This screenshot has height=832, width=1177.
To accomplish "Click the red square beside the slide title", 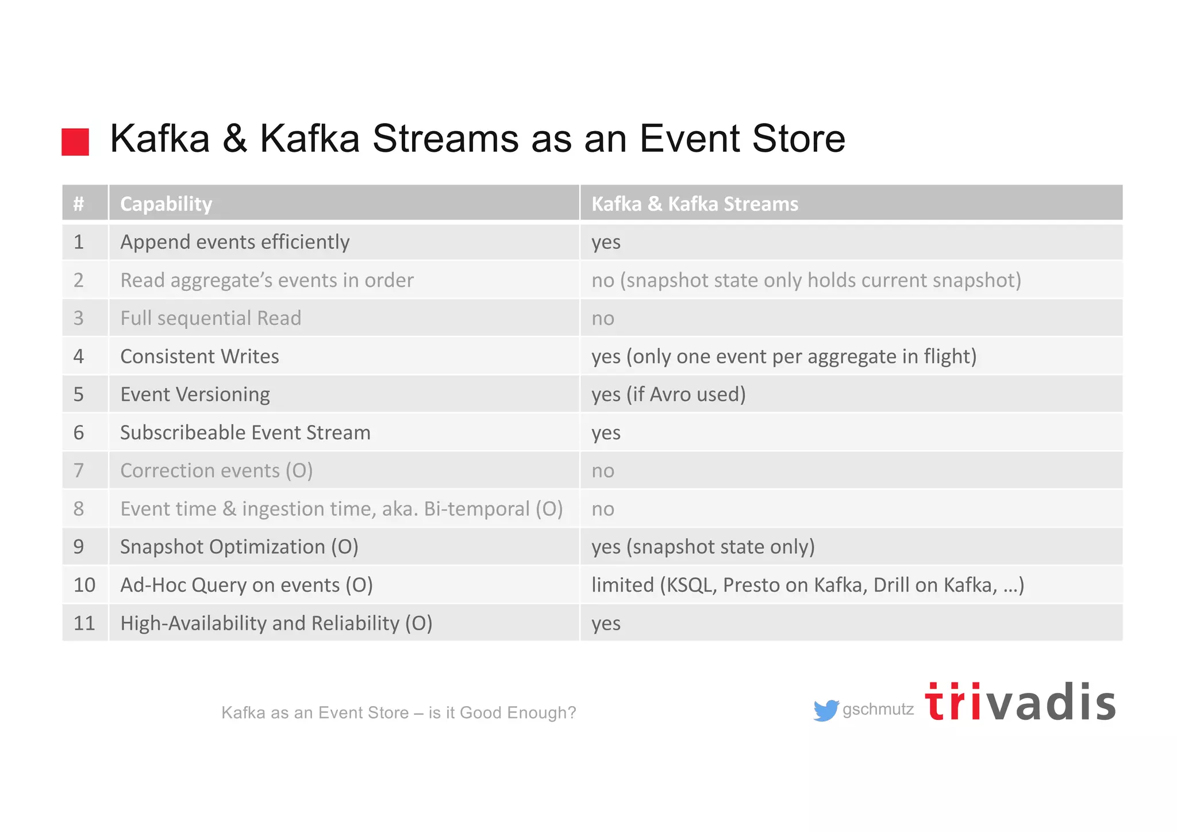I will [x=75, y=142].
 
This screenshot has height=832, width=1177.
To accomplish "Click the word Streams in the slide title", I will [x=445, y=139].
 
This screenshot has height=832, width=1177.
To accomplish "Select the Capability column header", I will [x=166, y=204].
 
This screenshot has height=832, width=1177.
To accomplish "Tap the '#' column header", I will [x=79, y=204].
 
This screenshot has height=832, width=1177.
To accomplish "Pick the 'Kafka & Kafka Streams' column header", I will [x=694, y=204].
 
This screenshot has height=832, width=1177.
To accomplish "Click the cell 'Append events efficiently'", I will [x=234, y=242].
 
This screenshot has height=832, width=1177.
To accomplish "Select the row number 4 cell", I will [x=79, y=356].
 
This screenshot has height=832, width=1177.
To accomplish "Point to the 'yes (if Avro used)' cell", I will [x=668, y=394].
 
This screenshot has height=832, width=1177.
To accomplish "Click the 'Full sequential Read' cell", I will [x=210, y=318].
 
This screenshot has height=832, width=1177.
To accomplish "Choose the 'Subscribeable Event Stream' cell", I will [x=245, y=432].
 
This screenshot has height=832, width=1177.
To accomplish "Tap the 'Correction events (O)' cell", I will [x=216, y=471].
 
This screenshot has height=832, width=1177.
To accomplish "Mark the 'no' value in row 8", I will [x=603, y=509].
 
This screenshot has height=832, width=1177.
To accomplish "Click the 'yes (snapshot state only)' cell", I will [x=703, y=547].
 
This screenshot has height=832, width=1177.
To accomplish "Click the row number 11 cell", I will [x=84, y=623].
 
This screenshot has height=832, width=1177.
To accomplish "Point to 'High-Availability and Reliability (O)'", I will [x=276, y=623].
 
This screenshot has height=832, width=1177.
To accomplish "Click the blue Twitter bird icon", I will [x=826, y=710].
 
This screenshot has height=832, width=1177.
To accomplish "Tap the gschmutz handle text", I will [x=878, y=710].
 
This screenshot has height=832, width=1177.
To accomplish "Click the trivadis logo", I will [x=1020, y=702].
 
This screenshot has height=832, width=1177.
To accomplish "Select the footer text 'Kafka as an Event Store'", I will [x=315, y=713].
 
